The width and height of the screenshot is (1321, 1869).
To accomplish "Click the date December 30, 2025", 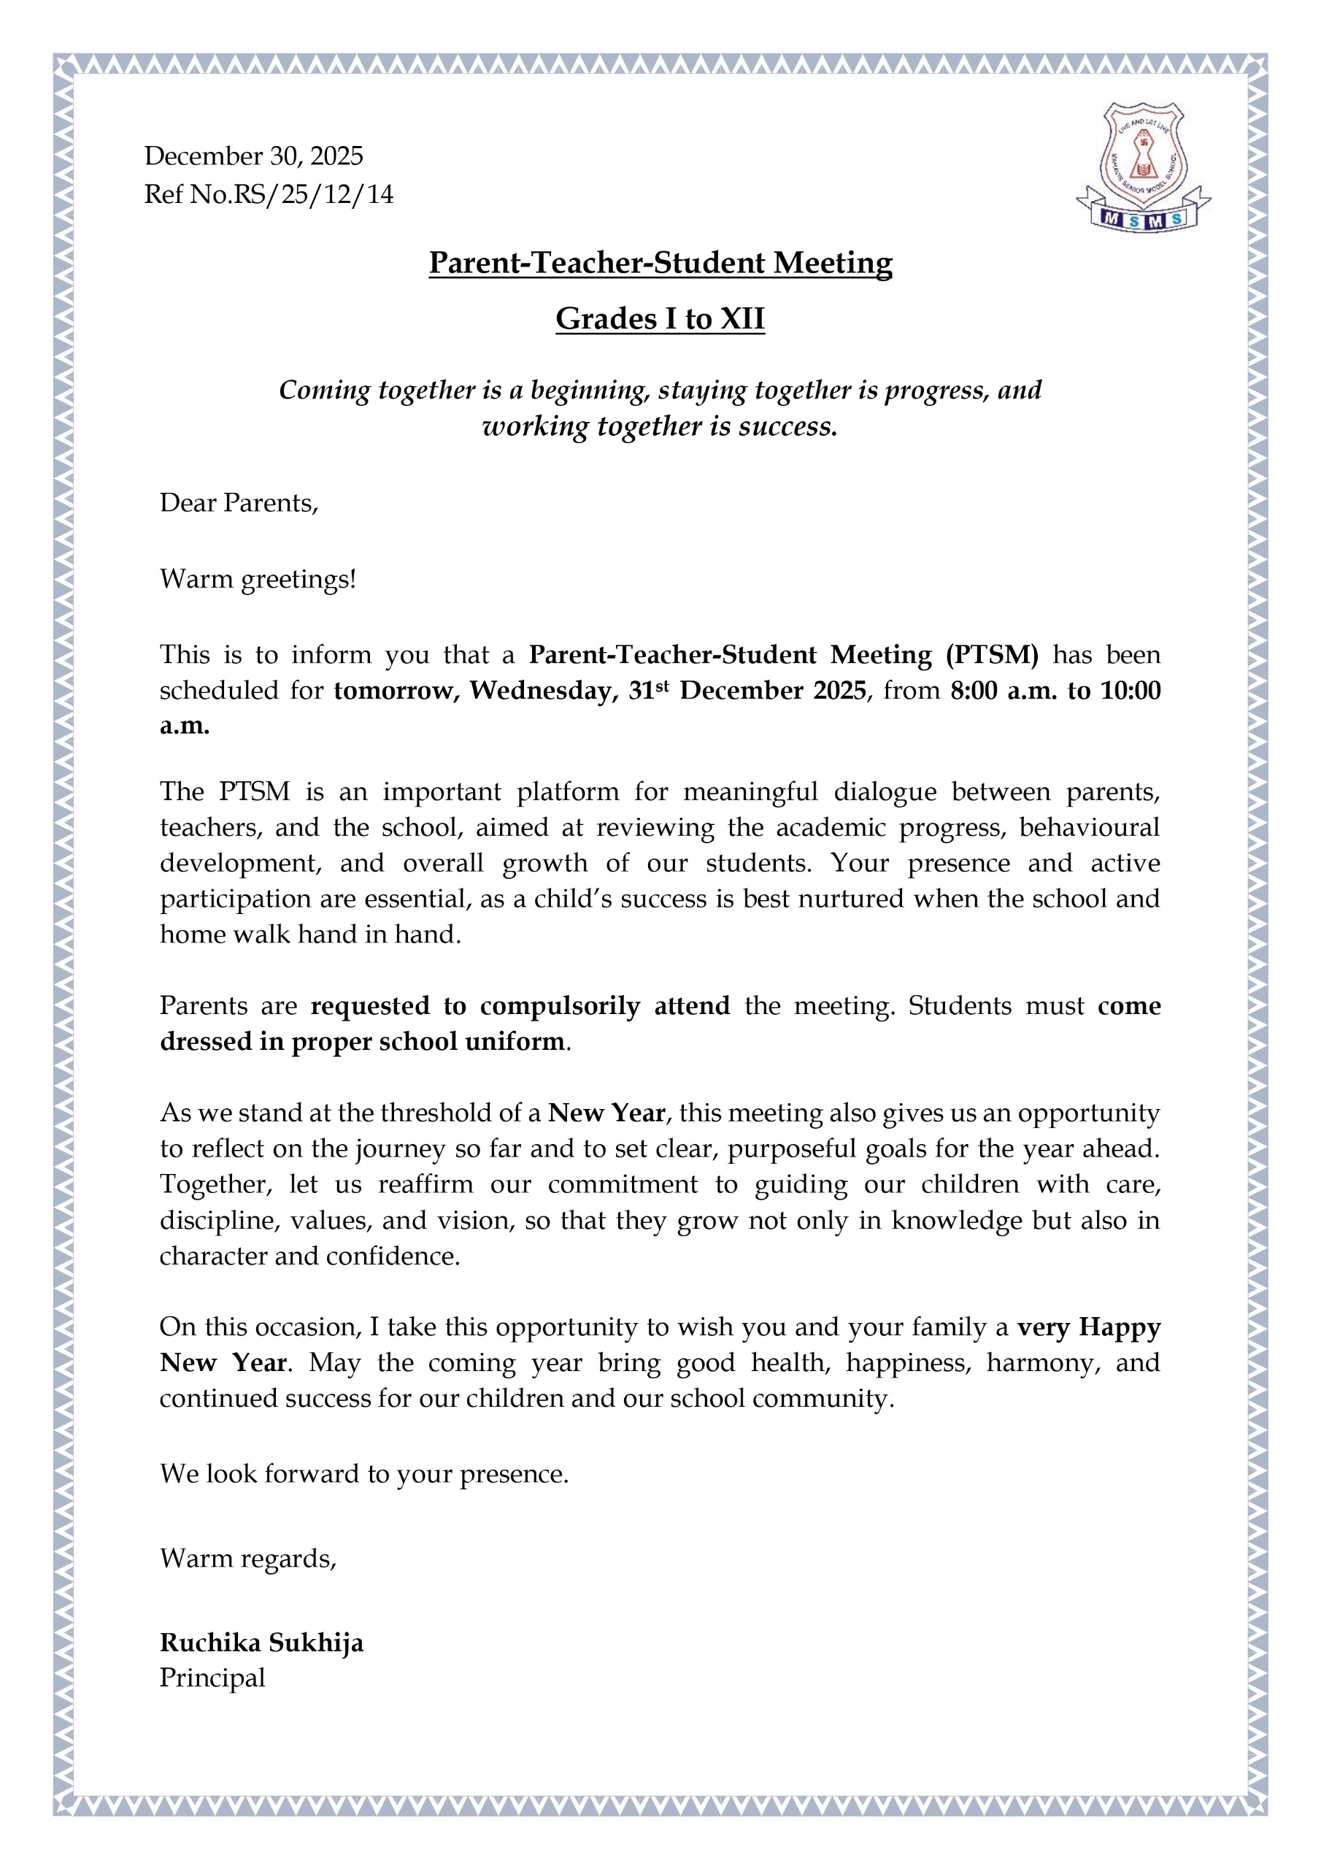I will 253,156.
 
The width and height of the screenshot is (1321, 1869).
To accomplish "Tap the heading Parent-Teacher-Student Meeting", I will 660,263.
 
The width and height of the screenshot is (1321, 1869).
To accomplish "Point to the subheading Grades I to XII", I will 660,318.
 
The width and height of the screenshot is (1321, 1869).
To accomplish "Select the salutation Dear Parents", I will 239,503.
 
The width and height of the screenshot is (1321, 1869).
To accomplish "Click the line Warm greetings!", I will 258,579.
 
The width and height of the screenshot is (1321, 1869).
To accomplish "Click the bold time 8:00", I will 974,691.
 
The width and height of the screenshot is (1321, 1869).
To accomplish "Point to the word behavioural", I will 1089,827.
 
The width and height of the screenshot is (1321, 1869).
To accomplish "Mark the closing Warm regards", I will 247,1558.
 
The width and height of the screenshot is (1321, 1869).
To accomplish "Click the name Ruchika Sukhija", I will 261,1643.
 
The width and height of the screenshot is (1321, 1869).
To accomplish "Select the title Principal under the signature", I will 212,1678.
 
